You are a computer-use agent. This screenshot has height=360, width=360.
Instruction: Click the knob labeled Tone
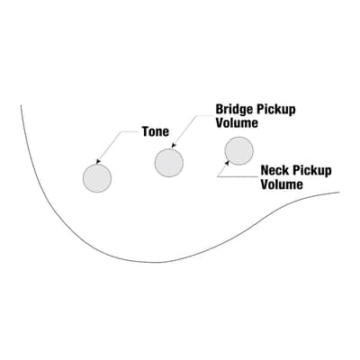click(97, 178)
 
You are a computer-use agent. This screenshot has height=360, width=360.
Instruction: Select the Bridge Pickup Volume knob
click(169, 162)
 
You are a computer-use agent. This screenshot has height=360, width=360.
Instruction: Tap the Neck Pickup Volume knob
click(238, 151)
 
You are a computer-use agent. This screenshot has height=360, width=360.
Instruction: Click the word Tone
click(156, 131)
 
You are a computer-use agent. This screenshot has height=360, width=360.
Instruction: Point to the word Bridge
click(234, 110)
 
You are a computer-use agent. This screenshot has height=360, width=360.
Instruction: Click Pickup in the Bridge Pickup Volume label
click(275, 110)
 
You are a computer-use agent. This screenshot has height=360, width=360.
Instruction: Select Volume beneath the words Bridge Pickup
click(237, 123)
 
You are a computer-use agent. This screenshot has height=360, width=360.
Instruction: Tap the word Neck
click(275, 170)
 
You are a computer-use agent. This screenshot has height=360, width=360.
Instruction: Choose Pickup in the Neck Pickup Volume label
click(312, 171)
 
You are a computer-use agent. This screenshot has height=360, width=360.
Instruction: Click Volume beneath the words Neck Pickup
click(282, 184)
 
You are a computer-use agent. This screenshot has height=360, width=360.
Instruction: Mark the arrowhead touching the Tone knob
click(98, 162)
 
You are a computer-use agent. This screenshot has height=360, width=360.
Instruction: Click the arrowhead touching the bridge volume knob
click(174, 146)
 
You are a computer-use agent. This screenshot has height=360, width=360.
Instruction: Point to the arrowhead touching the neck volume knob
click(227, 163)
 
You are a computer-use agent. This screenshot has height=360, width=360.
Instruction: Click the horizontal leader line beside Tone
click(130, 131)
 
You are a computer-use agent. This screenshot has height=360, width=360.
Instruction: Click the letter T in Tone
click(146, 131)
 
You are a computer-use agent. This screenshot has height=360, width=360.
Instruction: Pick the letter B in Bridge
click(220, 109)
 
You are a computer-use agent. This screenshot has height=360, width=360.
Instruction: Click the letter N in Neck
click(265, 170)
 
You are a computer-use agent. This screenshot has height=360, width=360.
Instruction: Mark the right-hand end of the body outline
click(339, 193)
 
